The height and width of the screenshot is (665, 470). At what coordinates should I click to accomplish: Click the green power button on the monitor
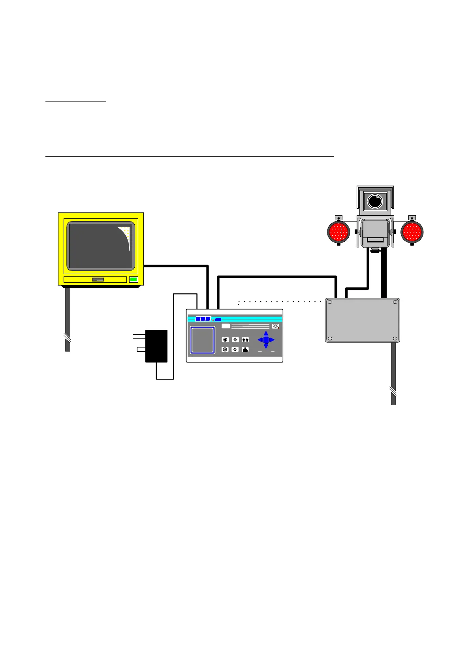[133, 280]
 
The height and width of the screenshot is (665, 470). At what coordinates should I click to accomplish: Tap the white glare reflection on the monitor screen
[126, 237]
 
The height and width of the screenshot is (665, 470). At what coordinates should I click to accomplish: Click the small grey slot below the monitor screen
[98, 280]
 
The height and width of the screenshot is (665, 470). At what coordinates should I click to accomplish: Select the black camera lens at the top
[375, 201]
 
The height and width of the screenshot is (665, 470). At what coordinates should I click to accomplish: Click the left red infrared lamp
[338, 232]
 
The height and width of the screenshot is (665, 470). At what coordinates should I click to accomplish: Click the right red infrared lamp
[412, 232]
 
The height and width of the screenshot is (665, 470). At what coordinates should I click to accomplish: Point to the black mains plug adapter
[156, 346]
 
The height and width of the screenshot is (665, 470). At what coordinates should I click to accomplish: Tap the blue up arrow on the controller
[266, 334]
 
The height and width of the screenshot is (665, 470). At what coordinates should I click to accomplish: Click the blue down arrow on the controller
[266, 346]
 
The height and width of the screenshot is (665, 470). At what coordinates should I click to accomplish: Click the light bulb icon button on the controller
[276, 326]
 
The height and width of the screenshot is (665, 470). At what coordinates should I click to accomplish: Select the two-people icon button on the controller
[245, 340]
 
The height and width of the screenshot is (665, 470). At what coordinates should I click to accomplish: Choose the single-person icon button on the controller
[245, 349]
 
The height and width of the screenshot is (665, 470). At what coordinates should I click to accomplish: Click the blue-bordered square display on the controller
[203, 340]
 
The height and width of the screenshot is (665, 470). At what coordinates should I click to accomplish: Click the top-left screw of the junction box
[330, 302]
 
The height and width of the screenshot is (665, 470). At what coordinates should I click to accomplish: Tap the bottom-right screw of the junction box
[395, 338]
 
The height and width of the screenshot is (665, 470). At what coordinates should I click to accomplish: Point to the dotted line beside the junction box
[280, 302]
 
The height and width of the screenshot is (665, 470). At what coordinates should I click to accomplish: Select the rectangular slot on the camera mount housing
[375, 240]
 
